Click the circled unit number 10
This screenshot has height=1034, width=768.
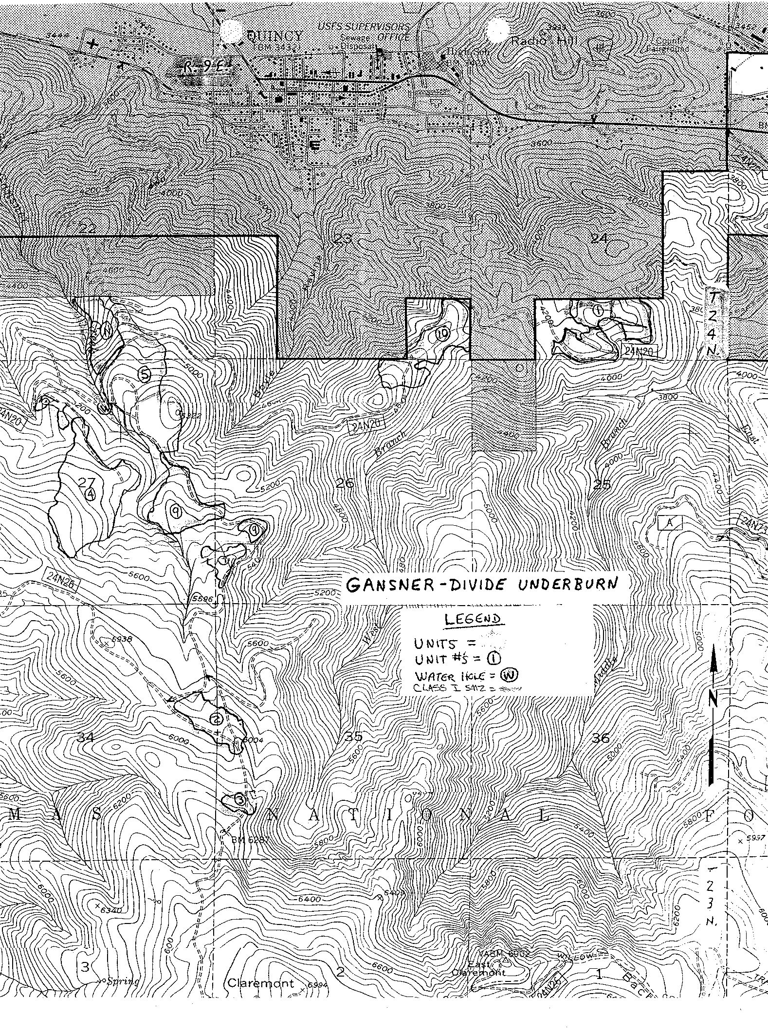[x=442, y=333]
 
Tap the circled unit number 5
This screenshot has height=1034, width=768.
[x=145, y=374]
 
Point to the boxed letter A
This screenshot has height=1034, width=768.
[x=670, y=523]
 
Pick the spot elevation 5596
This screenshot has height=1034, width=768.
[x=202, y=599]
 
